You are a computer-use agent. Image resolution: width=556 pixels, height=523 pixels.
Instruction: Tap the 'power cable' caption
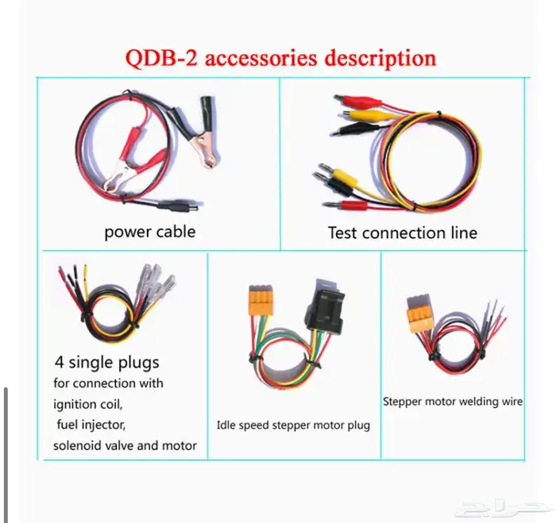tap(149, 233)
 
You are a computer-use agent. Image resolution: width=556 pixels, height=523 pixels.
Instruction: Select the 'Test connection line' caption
tap(402, 233)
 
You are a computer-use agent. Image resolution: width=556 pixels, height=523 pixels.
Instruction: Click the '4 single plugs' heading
tap(106, 363)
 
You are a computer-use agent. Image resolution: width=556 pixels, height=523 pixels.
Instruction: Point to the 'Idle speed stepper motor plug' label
tap(293, 425)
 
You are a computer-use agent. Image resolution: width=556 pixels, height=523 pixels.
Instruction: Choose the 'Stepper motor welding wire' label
tap(453, 402)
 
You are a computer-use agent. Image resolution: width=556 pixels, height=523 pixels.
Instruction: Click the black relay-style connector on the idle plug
tap(325, 306)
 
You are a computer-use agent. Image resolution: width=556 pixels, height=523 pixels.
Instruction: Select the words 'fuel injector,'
tap(90, 425)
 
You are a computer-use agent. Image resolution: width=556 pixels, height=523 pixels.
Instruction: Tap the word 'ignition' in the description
tap(77, 405)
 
